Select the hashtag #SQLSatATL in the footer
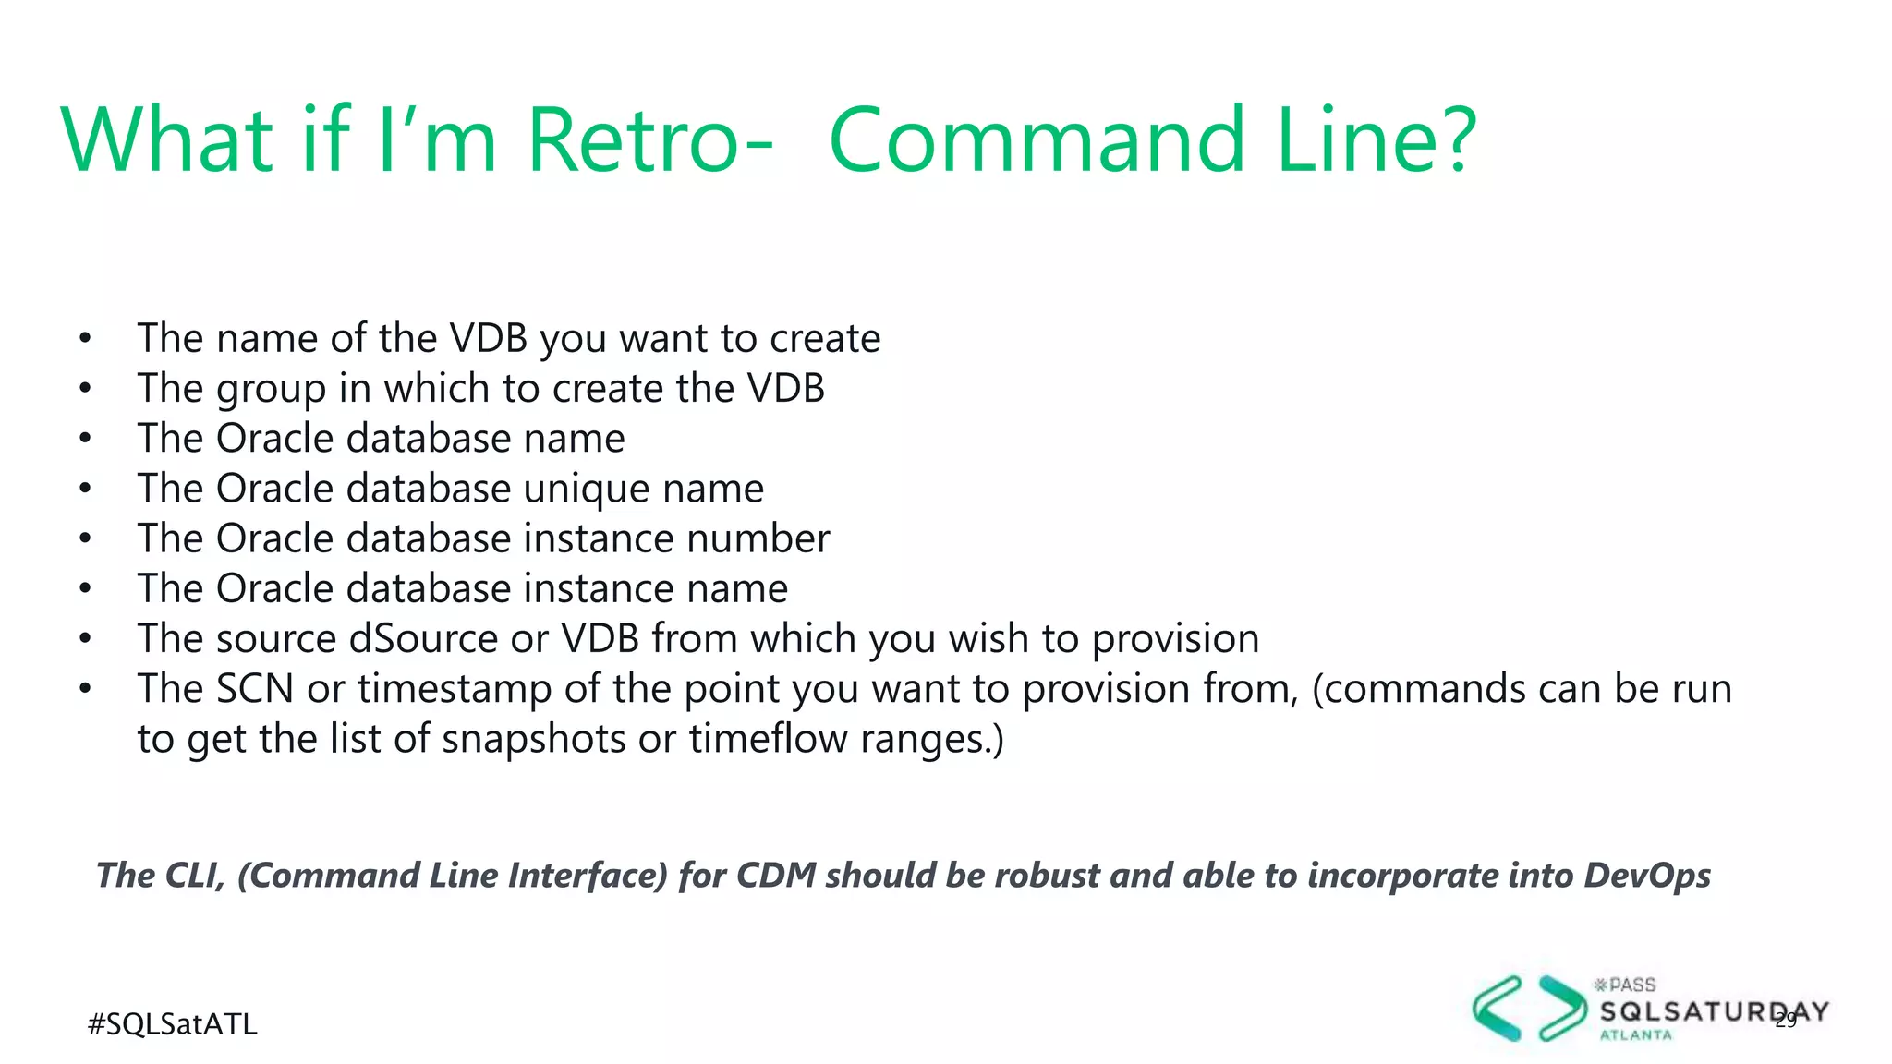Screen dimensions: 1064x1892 tap(172, 1024)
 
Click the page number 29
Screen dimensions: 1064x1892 tap(1786, 1020)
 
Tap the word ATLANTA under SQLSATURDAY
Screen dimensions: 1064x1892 tap(1636, 1035)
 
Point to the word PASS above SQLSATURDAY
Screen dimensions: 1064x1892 tap(1631, 985)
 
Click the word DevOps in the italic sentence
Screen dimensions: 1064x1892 tap(1647, 875)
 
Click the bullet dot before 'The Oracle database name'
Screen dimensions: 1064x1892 tap(85, 439)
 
